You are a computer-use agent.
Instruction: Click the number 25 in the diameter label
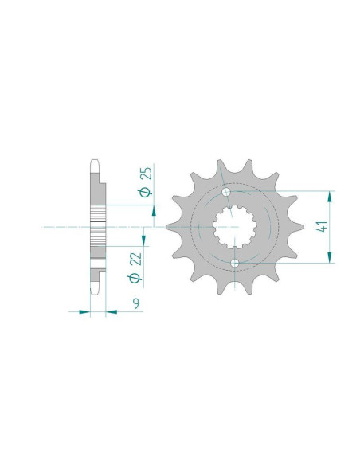tap(147, 173)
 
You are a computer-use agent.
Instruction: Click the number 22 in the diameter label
tap(137, 259)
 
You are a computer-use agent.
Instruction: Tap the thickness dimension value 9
tap(136, 303)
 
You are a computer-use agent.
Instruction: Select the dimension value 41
tap(322, 227)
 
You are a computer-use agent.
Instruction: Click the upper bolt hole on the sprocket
tap(226, 192)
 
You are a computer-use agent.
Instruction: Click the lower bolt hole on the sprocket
tap(235, 263)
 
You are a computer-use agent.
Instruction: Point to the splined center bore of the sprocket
tap(235, 227)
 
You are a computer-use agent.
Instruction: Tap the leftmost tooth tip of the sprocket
tap(166, 227)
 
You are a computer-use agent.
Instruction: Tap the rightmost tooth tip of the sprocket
tap(303, 227)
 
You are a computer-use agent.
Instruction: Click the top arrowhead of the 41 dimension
tap(330, 197)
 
